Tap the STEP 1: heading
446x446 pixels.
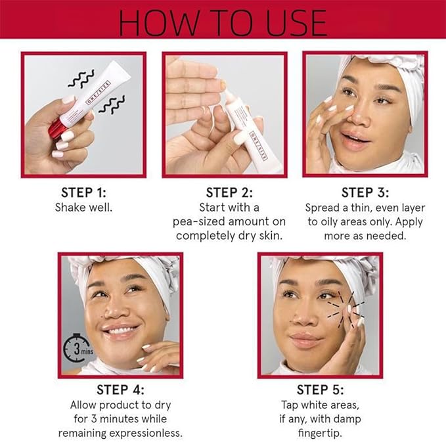(83, 192)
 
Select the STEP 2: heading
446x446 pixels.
(228, 192)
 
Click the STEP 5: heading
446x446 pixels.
(320, 389)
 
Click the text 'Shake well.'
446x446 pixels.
(83, 207)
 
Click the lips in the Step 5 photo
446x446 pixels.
(307, 340)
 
